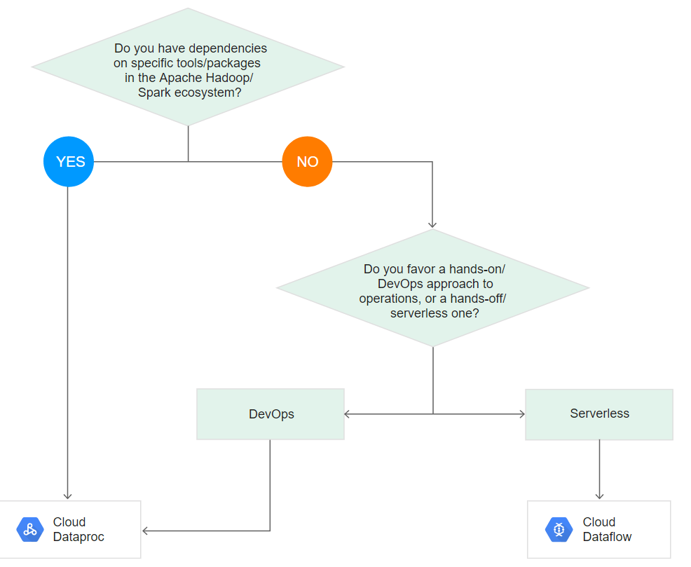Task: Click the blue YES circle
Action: point(69,162)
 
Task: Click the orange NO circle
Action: point(307,162)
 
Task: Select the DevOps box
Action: point(271,414)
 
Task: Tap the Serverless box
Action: point(599,414)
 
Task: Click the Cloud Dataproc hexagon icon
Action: point(29,530)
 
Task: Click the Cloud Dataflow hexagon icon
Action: point(559,530)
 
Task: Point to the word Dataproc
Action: point(78,537)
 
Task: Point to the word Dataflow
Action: point(607,537)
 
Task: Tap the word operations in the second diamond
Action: point(388,299)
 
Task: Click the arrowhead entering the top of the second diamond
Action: point(432,224)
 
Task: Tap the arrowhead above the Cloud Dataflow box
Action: point(599,496)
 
